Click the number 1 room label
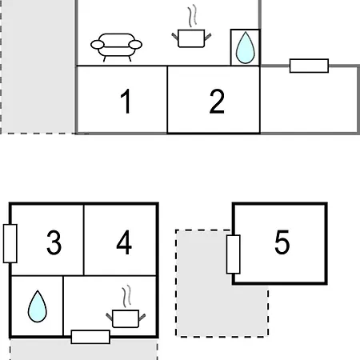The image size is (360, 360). [126, 102]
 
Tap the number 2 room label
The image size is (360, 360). [217, 102]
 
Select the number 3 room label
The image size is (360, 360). [54, 242]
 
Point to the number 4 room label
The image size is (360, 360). [124, 242]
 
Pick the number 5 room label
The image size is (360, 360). [282, 242]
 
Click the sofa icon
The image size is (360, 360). [116, 47]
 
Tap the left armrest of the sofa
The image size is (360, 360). [98, 45]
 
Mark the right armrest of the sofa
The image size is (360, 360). [135, 45]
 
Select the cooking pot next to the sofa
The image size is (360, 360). [191, 38]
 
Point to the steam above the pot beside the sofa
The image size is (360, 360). [193, 15]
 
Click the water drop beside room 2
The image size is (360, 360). [246, 48]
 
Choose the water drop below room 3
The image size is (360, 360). [38, 306]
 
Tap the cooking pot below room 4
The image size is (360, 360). [126, 318]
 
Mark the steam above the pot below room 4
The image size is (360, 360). [127, 296]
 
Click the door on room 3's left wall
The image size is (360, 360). [10, 243]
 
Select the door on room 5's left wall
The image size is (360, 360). [234, 254]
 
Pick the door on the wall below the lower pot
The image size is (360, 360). [90, 337]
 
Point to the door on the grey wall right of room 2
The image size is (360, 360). [309, 66]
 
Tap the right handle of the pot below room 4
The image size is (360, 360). [142, 318]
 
